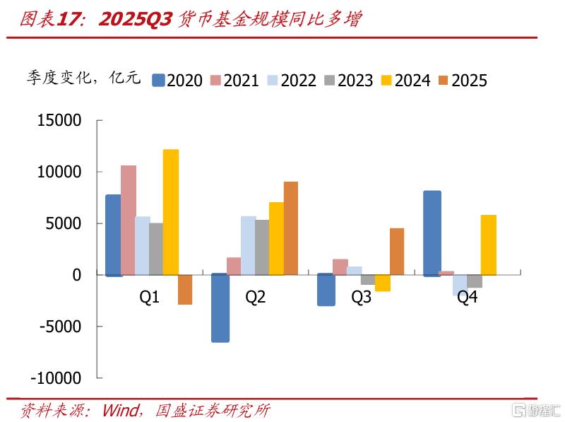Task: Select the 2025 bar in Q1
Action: pyautogui.click(x=185, y=290)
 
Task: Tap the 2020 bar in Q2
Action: pyautogui.click(x=220, y=308)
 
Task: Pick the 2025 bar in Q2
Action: pyautogui.click(x=291, y=228)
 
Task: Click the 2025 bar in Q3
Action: pyautogui.click(x=397, y=252)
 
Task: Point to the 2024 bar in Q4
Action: pyautogui.click(x=489, y=245)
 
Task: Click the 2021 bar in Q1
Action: pyautogui.click(x=128, y=220)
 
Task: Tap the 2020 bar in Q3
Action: pyautogui.click(x=326, y=290)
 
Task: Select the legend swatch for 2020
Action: pyautogui.click(x=158, y=81)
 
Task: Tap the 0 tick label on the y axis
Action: pyautogui.click(x=78, y=275)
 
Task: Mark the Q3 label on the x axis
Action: pyautogui.click(x=361, y=298)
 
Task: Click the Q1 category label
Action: pyautogui.click(x=149, y=298)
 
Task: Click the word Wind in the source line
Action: pyautogui.click(x=119, y=410)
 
